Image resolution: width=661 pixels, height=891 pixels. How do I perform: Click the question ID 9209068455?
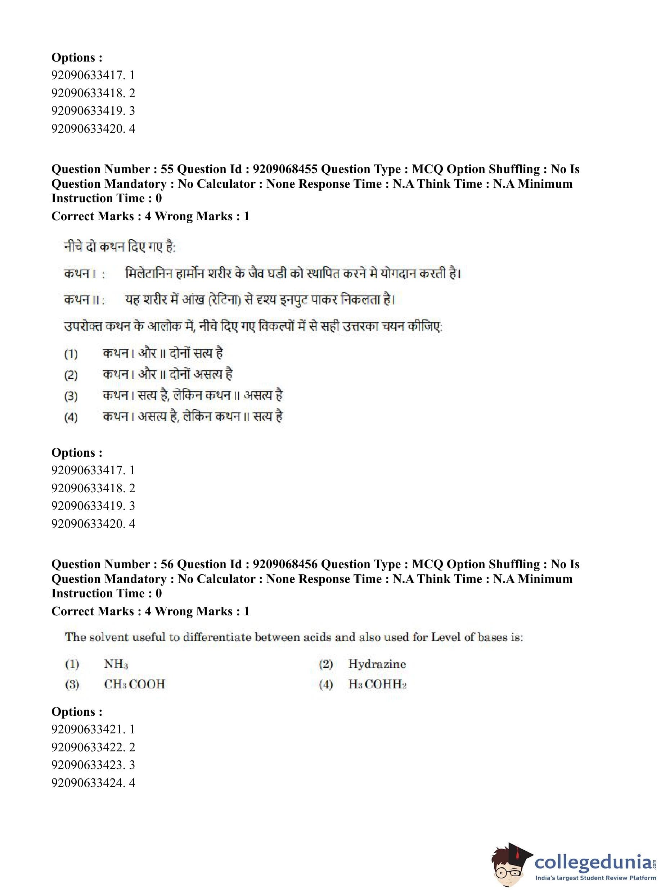[285, 169]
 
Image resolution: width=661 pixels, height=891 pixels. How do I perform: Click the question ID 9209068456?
[285, 564]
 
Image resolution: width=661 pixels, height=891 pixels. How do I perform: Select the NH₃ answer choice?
[116, 664]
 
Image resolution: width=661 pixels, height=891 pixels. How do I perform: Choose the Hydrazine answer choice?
[377, 664]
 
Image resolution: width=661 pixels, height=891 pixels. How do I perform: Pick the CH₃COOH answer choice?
[134, 684]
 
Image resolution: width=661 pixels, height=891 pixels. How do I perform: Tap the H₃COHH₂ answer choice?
[377, 684]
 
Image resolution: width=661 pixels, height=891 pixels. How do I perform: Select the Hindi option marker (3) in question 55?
[71, 396]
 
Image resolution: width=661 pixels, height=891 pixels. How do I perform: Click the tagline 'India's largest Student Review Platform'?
[595, 878]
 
